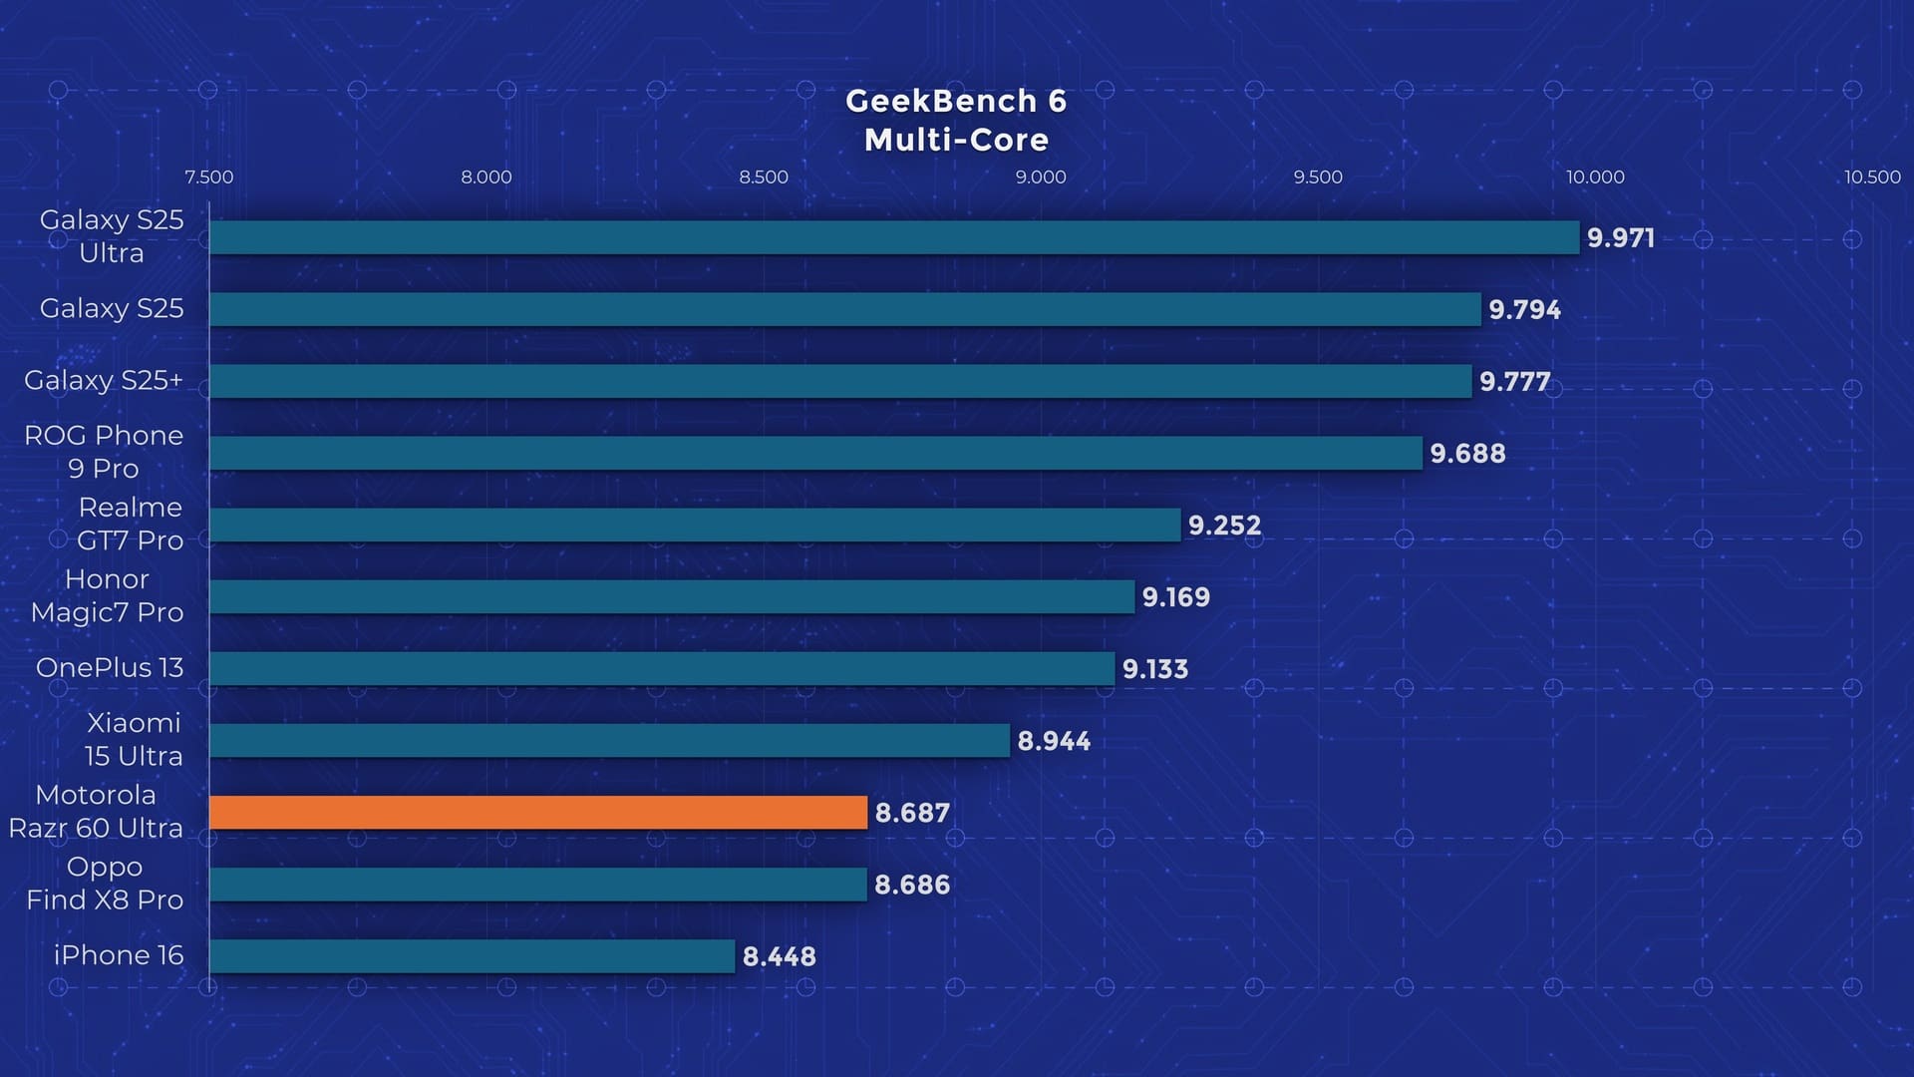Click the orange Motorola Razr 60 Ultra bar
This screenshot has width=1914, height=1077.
[x=538, y=812]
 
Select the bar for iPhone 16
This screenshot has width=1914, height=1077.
[x=472, y=955]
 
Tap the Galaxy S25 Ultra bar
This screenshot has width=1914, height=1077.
[x=894, y=237]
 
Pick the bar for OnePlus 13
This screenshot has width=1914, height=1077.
[x=662, y=668]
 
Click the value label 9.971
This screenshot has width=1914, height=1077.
[x=1620, y=238]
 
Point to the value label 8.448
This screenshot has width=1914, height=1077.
[x=779, y=956]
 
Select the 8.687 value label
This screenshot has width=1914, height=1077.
[x=911, y=813]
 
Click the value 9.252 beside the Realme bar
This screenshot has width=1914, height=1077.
[x=1224, y=526]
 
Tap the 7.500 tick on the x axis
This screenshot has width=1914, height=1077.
[x=209, y=178]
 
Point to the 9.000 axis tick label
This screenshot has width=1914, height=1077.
[x=1041, y=178]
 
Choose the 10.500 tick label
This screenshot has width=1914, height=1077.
[x=1872, y=178]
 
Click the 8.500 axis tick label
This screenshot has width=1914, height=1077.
[x=764, y=178]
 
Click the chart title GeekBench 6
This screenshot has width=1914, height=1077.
[x=956, y=101]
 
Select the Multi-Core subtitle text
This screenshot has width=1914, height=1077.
[x=956, y=140]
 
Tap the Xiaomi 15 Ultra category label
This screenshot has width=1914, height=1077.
[x=134, y=739]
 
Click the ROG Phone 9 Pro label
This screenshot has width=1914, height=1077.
[x=104, y=452]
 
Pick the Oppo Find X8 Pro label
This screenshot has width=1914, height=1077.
[x=105, y=884]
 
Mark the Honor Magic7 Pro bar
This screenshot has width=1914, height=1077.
[x=672, y=596]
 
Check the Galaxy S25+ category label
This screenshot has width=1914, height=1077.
[x=104, y=380]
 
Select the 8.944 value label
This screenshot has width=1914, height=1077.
[x=1054, y=741]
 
